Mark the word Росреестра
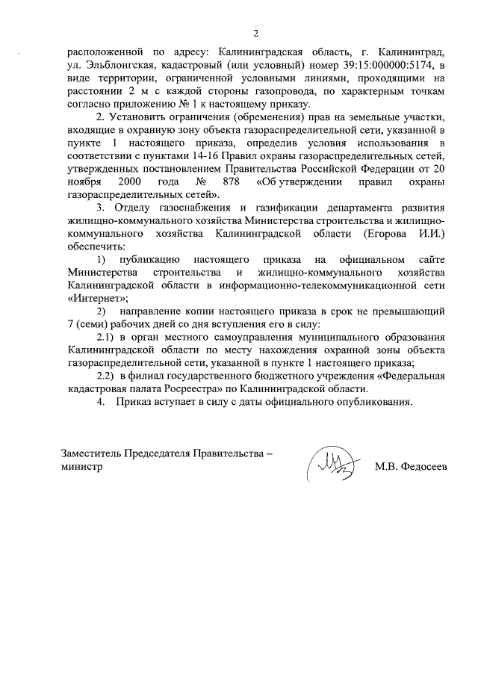point(230,388)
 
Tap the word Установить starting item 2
point(138,117)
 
